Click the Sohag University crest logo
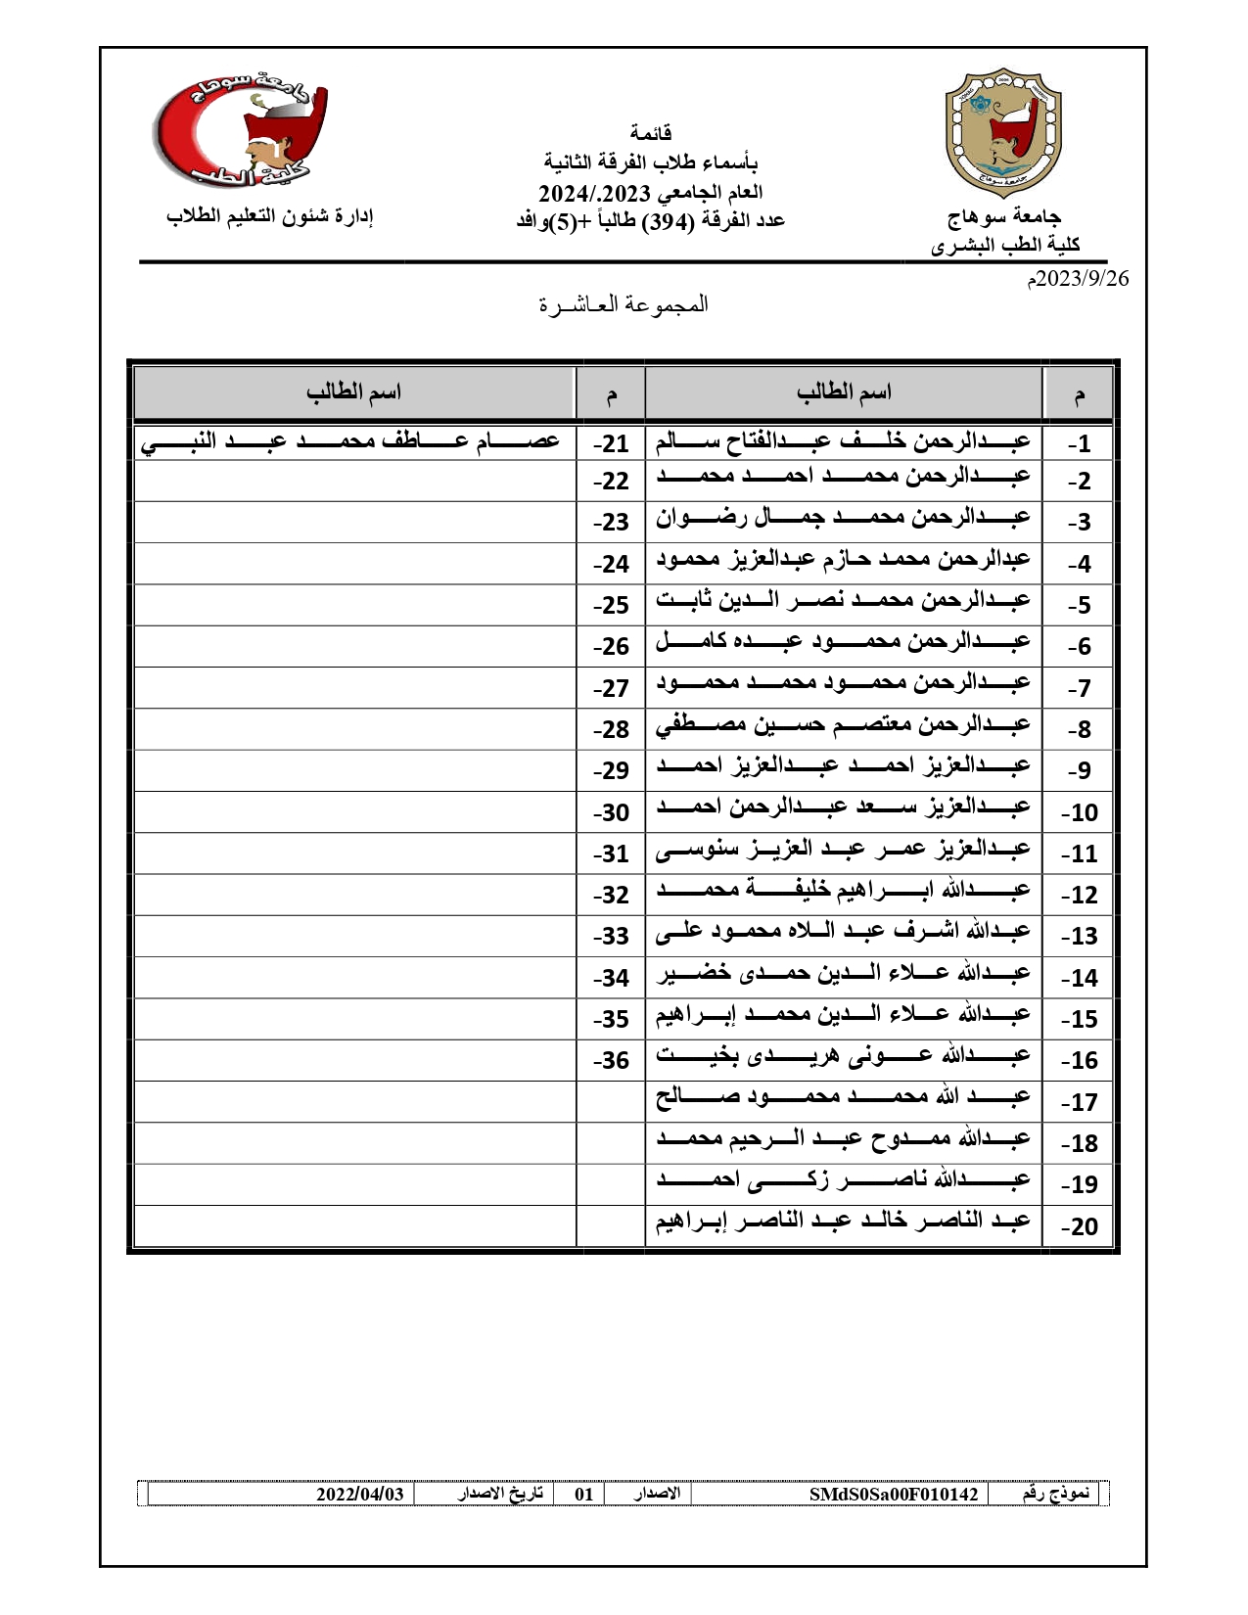(1002, 133)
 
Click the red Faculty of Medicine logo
(239, 133)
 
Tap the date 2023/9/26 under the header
(1077, 279)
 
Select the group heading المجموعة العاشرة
(624, 304)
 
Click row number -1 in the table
(1079, 444)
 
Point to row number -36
(611, 1061)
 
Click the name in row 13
(843, 932)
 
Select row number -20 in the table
(1079, 1226)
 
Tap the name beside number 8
(843, 725)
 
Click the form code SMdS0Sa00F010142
(894, 1495)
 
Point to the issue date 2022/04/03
(359, 1495)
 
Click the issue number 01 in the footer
(583, 1495)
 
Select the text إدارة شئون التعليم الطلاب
(270, 216)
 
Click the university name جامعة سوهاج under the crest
(1003, 216)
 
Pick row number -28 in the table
(611, 730)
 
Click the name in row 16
(843, 1056)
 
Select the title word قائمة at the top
(651, 132)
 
